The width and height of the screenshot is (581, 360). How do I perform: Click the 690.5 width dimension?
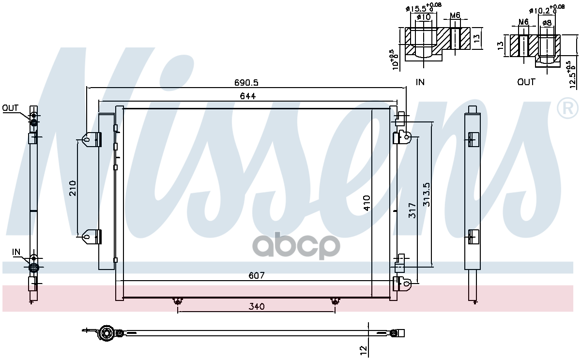(246, 83)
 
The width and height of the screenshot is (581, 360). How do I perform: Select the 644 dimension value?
(248, 96)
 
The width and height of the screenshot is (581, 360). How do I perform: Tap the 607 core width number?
(256, 275)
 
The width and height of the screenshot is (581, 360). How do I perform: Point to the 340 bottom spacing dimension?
(257, 307)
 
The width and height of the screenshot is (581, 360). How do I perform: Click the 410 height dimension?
(367, 203)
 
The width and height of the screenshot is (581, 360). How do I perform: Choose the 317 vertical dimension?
(412, 210)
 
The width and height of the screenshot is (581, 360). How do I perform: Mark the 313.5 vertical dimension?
(426, 195)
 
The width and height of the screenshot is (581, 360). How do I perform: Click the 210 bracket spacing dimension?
(73, 188)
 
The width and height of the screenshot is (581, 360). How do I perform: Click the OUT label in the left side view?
(10, 108)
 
